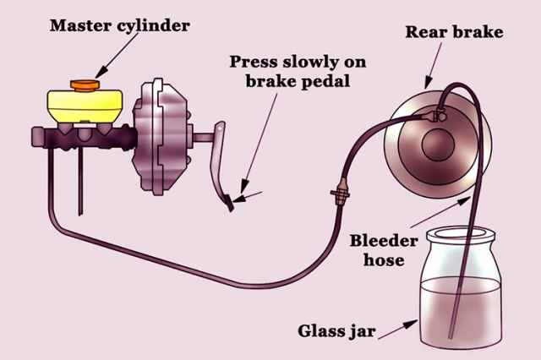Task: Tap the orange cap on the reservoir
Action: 85,85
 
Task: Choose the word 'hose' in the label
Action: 384,259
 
